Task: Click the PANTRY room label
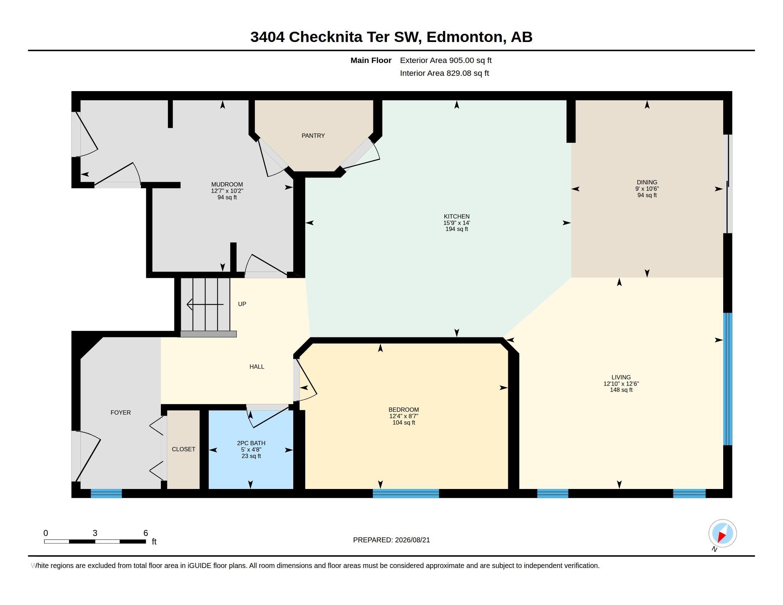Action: point(313,136)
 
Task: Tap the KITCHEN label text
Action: point(456,216)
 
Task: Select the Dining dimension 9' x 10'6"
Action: point(647,189)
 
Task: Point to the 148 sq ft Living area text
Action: point(621,390)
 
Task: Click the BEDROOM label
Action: point(403,410)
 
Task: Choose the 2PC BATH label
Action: point(251,443)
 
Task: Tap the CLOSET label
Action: point(183,449)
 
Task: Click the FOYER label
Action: point(120,412)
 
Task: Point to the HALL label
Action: point(257,366)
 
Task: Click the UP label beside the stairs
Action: point(242,304)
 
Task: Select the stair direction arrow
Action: point(205,304)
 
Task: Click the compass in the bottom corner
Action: point(722,533)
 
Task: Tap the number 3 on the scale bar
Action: point(95,533)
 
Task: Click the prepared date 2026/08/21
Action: point(412,540)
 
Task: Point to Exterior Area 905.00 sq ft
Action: point(446,60)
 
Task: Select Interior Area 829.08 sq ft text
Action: point(444,73)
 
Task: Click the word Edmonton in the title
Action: point(464,37)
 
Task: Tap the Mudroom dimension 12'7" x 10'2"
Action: point(227,191)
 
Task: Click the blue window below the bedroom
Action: point(406,493)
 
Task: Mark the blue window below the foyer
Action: point(106,493)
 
